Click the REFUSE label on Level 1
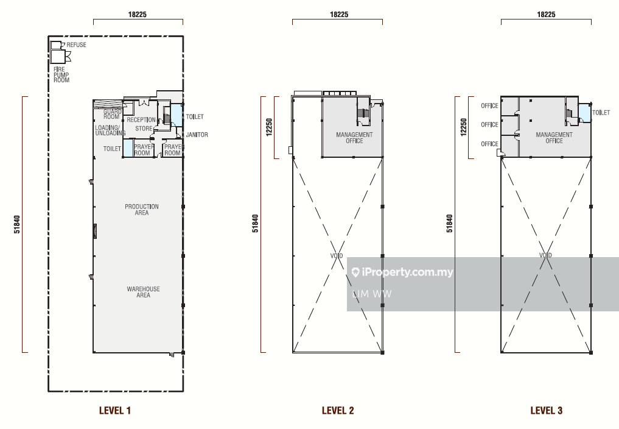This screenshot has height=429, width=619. pos(76,44)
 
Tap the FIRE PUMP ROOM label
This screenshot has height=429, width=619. pos(61,75)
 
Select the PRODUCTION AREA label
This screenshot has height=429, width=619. pos(142,210)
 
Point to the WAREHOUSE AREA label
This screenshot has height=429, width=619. pos(143,292)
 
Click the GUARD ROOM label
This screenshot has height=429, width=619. pos(112,114)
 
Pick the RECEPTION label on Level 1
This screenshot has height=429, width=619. pos(141,120)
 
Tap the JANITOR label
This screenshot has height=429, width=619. pos(197,135)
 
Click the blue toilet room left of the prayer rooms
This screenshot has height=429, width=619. pos(128,148)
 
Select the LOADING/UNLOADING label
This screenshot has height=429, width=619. pos(110,130)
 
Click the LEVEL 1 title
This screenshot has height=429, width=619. pos(115,411)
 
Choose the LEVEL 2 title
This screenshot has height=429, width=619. pos(338,411)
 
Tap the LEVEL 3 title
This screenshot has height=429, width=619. pos(547,411)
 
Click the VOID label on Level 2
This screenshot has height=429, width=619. pos(337,256)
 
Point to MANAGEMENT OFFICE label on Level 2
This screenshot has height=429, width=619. pos(354,138)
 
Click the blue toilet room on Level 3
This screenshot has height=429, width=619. pos(584,113)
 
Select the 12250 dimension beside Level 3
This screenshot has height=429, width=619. pos(464,127)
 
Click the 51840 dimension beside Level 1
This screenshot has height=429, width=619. pos(17,224)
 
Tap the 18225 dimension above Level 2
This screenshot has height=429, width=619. pos(339,15)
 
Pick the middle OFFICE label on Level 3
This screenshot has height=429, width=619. pos(489,124)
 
